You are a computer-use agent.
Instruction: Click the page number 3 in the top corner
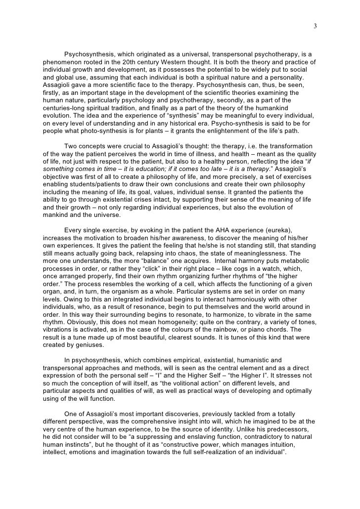pyautogui.click(x=315, y=26)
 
